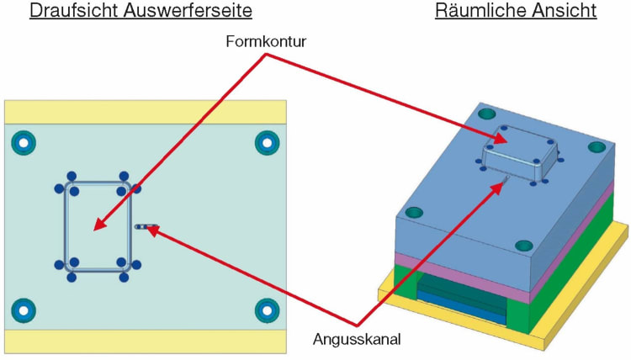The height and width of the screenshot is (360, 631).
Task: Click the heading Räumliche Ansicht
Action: coord(516,12)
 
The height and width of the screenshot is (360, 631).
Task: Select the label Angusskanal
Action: coord(357,340)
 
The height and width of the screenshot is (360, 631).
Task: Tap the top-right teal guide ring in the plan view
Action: coord(267,144)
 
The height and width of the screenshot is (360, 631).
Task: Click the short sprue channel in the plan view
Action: coord(145,226)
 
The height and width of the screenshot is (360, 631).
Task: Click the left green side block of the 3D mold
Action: coord(404,286)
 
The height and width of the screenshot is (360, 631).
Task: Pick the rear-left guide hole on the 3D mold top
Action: coord(485,114)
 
